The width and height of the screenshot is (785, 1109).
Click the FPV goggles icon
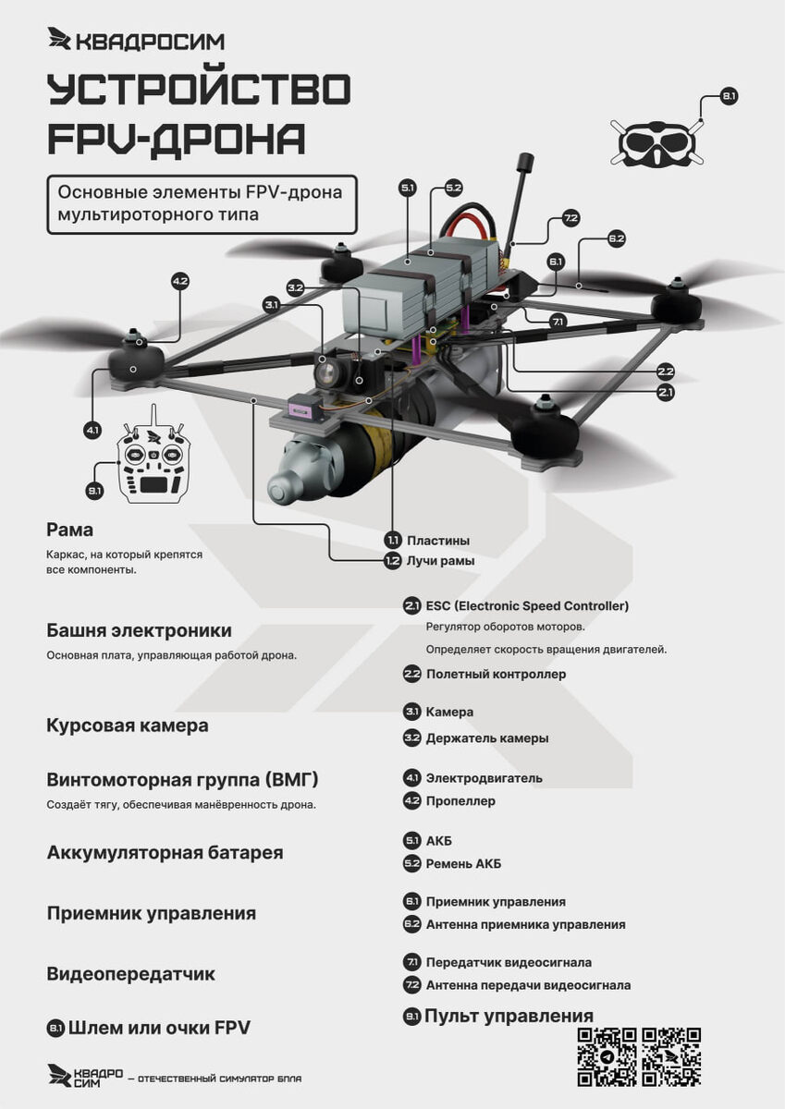(656, 143)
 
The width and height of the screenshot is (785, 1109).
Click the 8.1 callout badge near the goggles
(729, 96)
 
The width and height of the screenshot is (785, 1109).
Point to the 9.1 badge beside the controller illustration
(94, 491)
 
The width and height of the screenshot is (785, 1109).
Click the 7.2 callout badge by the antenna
(570, 219)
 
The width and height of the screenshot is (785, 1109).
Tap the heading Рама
(70, 530)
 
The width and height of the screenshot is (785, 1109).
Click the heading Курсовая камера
(127, 725)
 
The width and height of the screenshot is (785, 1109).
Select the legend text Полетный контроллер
(496, 675)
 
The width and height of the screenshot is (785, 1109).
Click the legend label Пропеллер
(460, 801)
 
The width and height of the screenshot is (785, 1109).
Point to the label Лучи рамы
(440, 561)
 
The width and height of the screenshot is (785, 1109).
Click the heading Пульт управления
(509, 1017)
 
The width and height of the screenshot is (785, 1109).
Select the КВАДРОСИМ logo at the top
(136, 40)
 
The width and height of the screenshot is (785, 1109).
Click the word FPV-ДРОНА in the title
(176, 139)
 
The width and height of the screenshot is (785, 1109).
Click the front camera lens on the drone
(326, 372)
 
